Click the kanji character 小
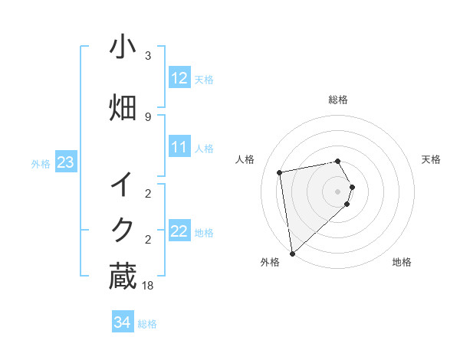point(122,48)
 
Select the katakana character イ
point(122,185)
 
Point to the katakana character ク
point(122,230)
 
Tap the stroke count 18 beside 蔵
point(149,285)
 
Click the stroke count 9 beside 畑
point(148,116)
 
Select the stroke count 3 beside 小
point(148,56)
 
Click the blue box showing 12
point(179,78)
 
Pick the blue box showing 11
point(179,147)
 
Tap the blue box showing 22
point(179,232)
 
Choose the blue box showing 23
point(65,162)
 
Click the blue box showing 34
point(122,322)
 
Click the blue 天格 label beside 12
point(204,79)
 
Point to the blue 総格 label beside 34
point(147,324)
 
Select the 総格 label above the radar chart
point(338,100)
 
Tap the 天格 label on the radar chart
point(431,159)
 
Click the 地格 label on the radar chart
point(402,262)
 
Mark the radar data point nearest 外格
point(292,253)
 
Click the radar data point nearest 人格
point(280,172)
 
